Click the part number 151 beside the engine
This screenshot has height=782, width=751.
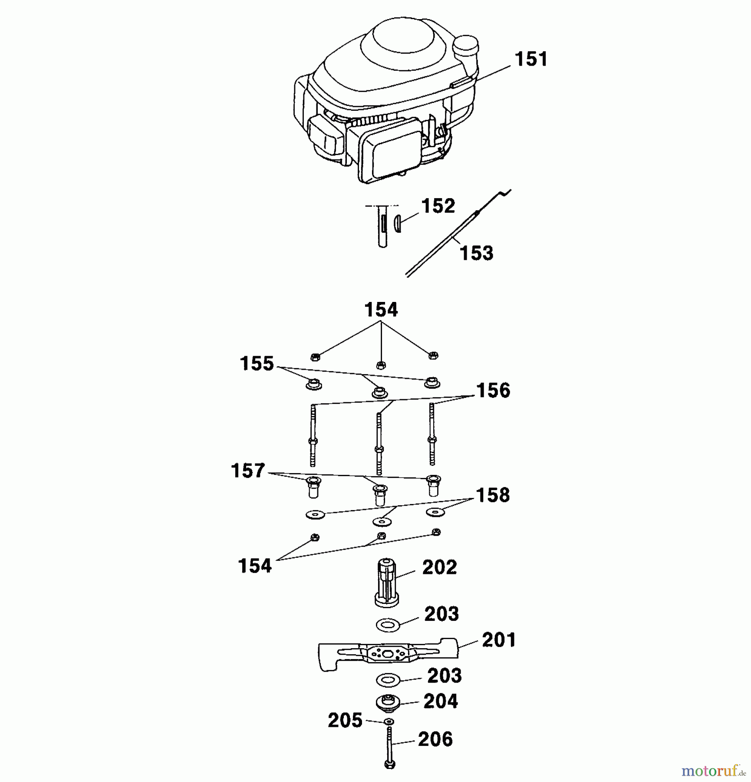(x=530, y=59)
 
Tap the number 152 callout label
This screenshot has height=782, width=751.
(x=438, y=206)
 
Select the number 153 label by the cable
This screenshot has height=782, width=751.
(x=476, y=253)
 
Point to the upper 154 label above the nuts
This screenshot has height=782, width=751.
(x=381, y=310)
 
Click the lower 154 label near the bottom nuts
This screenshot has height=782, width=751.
(x=255, y=566)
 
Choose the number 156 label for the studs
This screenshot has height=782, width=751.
(x=493, y=391)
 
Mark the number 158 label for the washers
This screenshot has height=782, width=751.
(x=493, y=495)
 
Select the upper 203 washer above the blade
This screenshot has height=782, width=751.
(x=388, y=625)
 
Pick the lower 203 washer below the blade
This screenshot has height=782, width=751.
(x=387, y=680)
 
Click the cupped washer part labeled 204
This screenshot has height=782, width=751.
(x=387, y=703)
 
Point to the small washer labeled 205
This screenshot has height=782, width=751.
(x=389, y=722)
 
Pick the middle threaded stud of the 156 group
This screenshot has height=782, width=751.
(x=379, y=443)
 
